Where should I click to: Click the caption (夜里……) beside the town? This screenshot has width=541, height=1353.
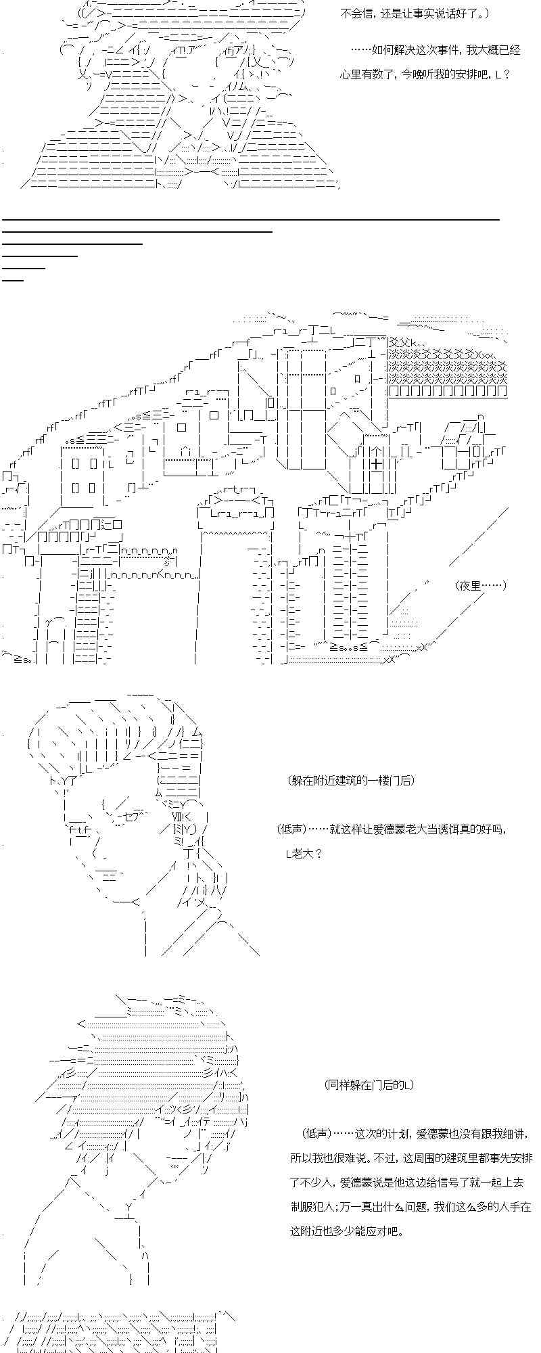481,585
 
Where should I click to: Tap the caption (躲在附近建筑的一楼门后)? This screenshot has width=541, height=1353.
350,780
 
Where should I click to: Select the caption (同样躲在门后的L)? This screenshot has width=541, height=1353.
369,1084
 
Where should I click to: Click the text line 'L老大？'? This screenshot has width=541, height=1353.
304,853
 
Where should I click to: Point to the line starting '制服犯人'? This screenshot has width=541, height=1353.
410,1206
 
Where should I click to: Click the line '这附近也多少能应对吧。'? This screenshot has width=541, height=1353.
347,1231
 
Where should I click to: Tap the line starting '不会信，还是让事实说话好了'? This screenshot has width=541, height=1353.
414,14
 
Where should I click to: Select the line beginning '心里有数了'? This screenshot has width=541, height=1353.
424,74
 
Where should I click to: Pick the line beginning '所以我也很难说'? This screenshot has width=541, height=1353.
411,1157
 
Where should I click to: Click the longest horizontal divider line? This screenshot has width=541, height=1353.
250,219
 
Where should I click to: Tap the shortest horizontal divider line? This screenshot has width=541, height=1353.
13,279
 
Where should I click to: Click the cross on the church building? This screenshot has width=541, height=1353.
376,463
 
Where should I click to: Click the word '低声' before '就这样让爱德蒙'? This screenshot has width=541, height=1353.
292,829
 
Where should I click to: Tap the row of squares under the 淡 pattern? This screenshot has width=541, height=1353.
448,391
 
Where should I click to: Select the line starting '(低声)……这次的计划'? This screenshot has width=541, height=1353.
413,1133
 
